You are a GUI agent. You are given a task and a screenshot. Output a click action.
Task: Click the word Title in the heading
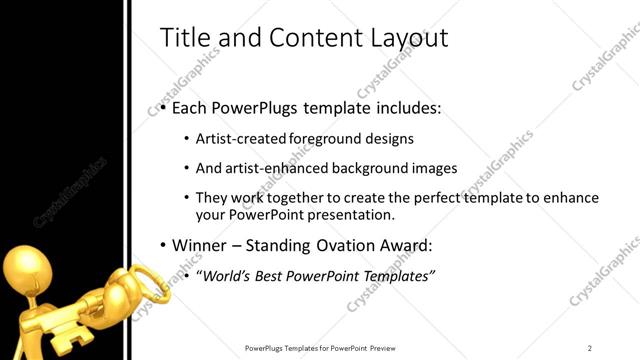pos(181,38)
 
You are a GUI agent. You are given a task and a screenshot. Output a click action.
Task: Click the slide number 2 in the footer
pos(589,348)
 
